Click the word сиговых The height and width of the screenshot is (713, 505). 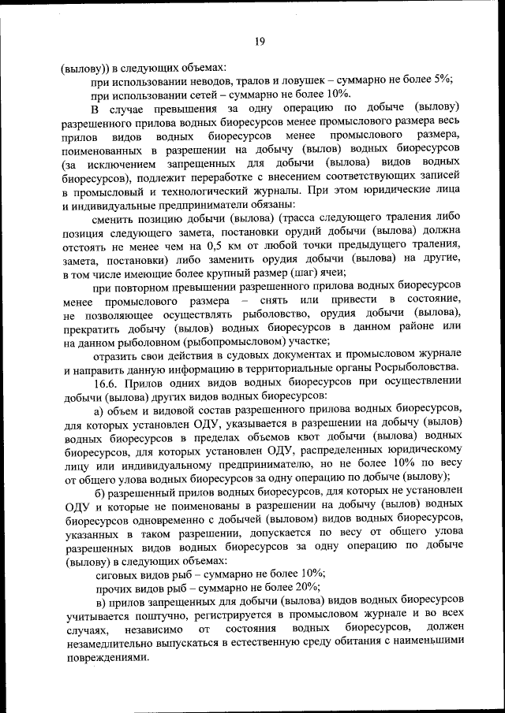pos(118,574)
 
